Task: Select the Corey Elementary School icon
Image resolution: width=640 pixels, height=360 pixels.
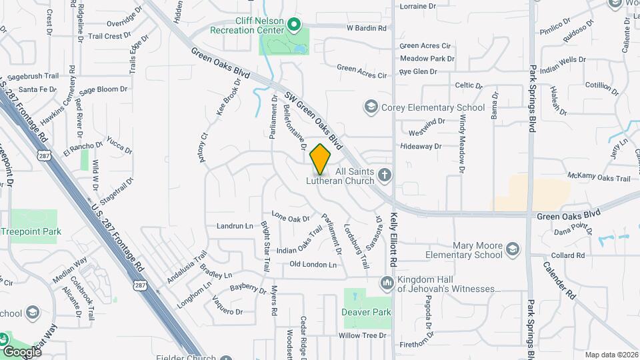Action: (371, 107)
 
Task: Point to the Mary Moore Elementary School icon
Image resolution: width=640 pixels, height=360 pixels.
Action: (513, 250)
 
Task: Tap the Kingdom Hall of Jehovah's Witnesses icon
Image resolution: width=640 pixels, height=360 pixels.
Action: (387, 284)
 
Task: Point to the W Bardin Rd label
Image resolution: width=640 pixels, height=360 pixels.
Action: (367, 28)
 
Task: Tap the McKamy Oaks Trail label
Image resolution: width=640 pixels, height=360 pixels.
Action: (599, 178)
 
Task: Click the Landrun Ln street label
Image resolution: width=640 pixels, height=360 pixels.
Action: (235, 226)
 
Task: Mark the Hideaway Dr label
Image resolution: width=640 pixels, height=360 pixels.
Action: (421, 146)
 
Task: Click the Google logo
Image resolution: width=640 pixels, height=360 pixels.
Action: (21, 351)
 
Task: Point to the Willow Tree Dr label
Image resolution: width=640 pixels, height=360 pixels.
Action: (362, 335)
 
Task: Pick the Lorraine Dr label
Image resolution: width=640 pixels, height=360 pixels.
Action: (417, 6)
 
